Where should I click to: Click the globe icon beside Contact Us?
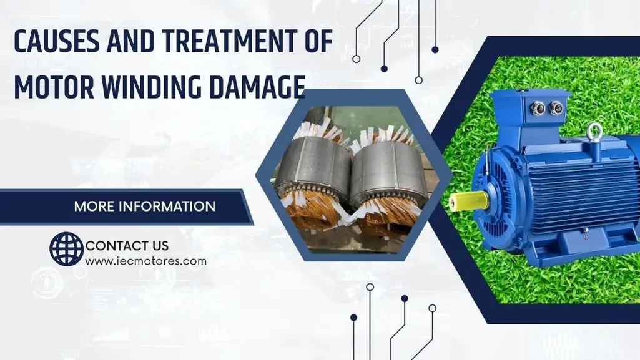(x=67, y=249)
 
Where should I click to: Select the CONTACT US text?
(x=127, y=246)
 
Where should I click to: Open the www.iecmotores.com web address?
(x=145, y=261)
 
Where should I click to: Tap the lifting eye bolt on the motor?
(x=594, y=133)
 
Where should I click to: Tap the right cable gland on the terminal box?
(x=556, y=109)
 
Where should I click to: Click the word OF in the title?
(x=320, y=41)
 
